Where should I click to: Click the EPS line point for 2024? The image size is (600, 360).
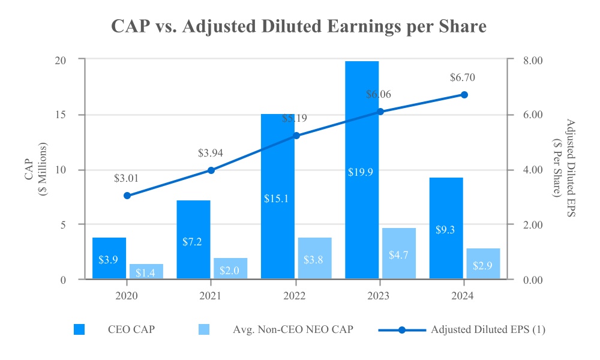pos(464,95)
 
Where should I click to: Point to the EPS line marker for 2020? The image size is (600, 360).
pos(127,196)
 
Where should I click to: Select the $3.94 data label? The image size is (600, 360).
pos(211,153)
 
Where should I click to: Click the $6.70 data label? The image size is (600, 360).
pos(463,77)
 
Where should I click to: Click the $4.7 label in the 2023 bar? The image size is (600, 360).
pos(398,254)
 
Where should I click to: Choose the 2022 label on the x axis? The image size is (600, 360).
pos(295,296)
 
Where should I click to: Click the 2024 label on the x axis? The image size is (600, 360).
pos(463,296)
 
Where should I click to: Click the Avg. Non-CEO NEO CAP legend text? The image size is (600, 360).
pos(289,329)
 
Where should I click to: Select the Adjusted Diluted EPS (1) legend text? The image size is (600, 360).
pos(488,329)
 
